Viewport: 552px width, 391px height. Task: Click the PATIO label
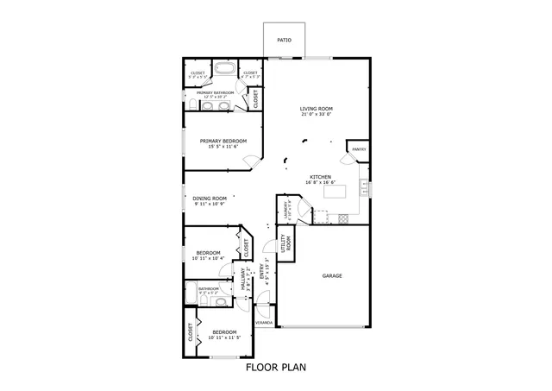(x=284, y=41)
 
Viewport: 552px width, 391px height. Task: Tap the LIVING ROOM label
(x=317, y=109)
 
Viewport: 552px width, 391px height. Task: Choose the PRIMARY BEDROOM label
(x=223, y=141)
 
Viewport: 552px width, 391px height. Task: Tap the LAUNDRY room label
(x=284, y=209)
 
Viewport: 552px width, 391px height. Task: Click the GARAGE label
(x=332, y=276)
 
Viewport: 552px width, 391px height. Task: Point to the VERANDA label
(x=263, y=323)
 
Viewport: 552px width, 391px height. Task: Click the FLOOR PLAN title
(x=276, y=367)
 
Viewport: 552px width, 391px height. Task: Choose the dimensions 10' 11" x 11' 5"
(x=224, y=337)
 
